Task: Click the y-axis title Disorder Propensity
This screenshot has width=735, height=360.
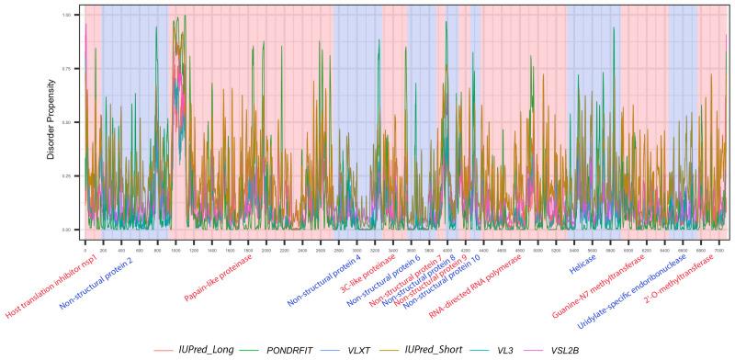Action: [x=51, y=122]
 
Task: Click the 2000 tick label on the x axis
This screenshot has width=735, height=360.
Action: [x=266, y=249]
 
